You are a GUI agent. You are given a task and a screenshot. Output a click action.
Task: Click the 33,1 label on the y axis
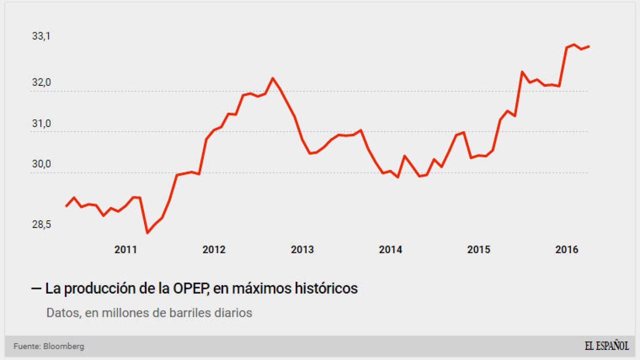41,36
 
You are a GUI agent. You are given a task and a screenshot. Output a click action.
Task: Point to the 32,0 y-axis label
41,82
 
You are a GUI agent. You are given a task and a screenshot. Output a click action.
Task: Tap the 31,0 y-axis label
41,123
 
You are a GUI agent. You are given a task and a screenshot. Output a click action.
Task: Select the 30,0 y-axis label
41,164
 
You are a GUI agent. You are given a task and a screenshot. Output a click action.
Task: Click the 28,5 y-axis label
41,224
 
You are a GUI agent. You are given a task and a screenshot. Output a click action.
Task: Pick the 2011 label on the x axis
126,249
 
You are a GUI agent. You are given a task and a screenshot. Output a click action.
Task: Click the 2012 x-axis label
214,249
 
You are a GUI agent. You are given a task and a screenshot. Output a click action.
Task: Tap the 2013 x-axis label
302,249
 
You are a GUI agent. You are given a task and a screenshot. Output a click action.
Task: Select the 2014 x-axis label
391,249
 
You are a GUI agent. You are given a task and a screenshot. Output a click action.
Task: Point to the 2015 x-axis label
479,249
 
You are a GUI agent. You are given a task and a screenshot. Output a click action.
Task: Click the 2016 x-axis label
567,249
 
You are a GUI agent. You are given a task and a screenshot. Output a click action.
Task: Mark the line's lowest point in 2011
147,233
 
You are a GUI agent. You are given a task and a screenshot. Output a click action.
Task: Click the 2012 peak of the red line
273,78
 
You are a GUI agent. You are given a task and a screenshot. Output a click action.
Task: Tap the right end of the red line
589,46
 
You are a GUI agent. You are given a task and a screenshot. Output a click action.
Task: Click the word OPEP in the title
191,288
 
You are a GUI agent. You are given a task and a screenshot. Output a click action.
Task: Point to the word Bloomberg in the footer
63,346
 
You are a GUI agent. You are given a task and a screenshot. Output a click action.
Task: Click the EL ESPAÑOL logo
607,346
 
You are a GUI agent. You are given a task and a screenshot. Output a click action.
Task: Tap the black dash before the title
36,288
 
